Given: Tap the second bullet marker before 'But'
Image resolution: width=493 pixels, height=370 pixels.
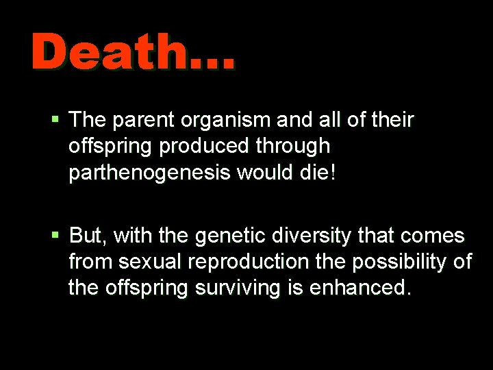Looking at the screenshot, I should point(56,236).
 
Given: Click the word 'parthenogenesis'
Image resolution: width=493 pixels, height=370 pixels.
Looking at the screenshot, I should point(149,172).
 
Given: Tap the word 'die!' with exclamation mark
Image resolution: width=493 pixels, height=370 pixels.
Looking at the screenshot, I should point(318,171).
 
